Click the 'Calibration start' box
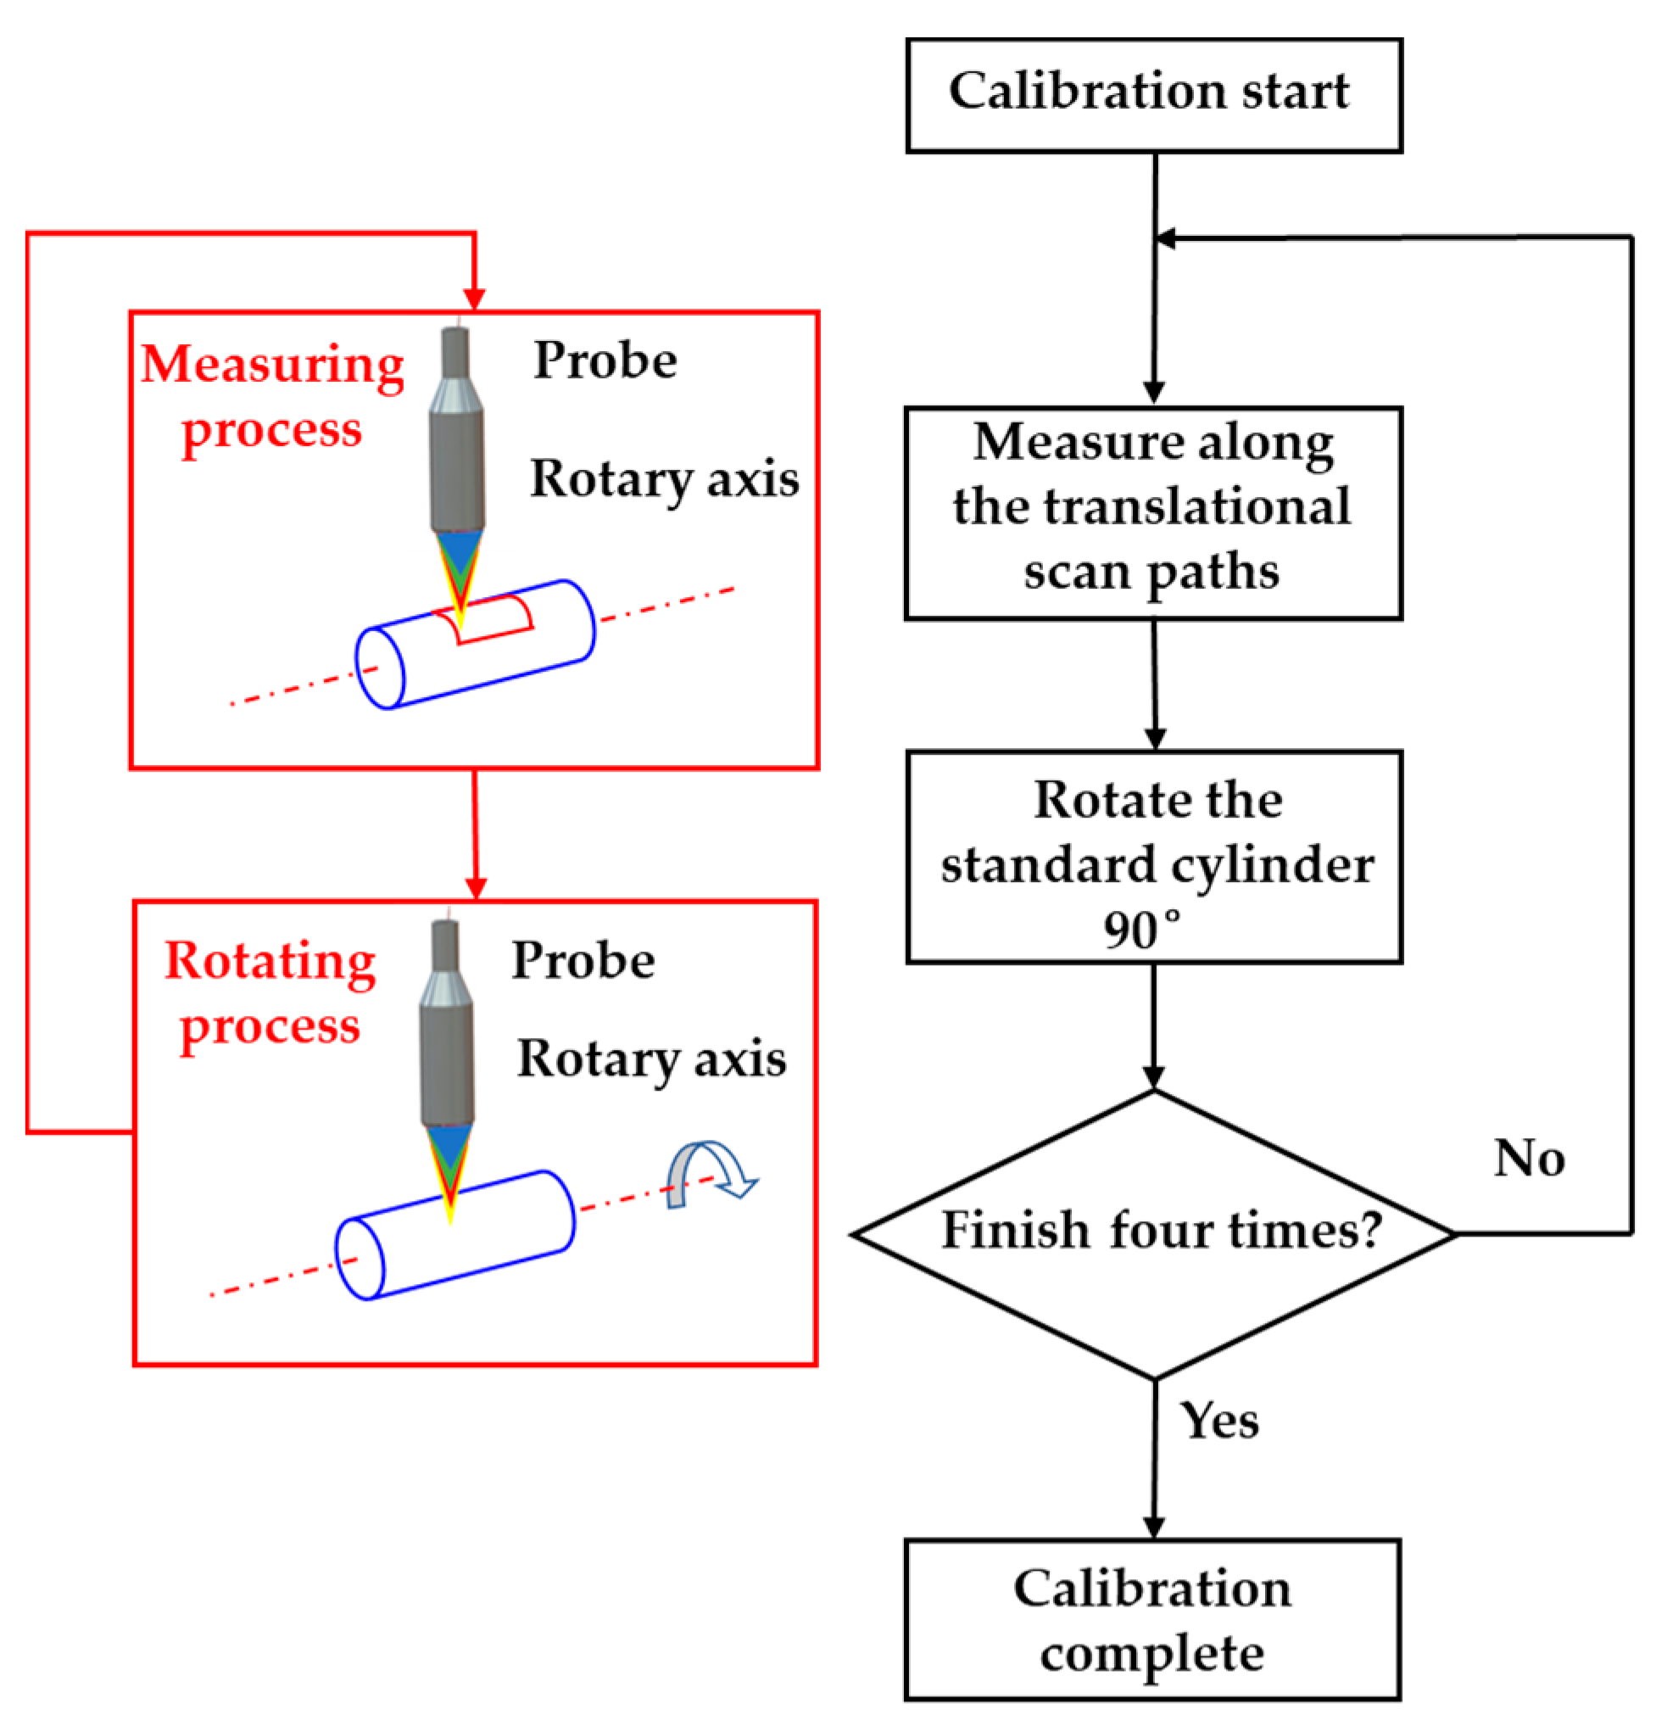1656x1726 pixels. click(x=1153, y=95)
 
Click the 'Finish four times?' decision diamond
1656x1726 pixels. click(x=1153, y=1234)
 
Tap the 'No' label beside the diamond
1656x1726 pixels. click(x=1529, y=1158)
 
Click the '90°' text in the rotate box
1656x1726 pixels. click(x=1140, y=930)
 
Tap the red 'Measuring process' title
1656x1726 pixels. click(x=272, y=396)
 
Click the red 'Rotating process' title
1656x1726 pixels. click(x=270, y=992)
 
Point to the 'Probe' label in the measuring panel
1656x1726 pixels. click(x=605, y=360)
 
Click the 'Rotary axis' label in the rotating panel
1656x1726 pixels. click(x=651, y=1058)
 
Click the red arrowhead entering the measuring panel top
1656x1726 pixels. click(x=475, y=299)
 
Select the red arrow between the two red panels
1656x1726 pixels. click(x=476, y=832)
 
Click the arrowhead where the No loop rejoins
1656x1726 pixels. click(x=1165, y=237)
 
